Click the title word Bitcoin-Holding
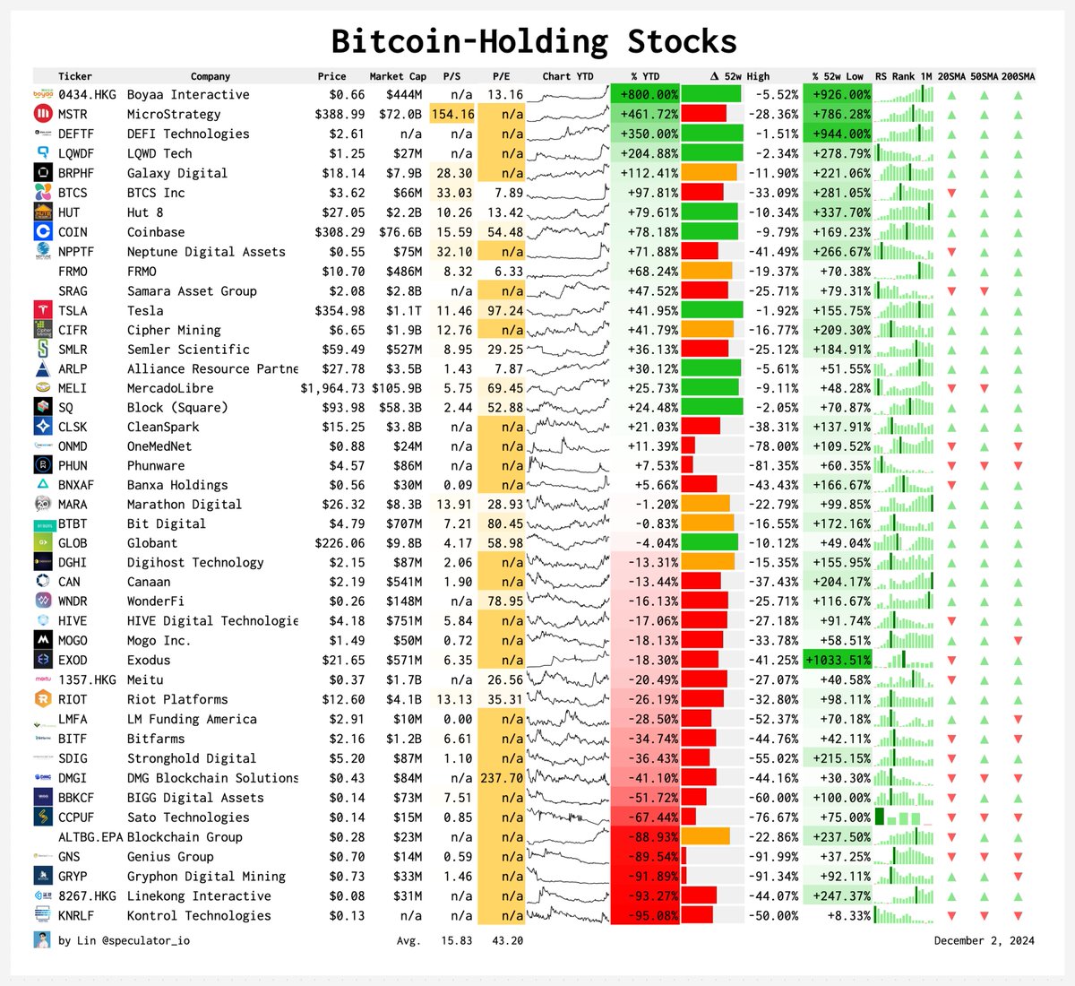(x=469, y=41)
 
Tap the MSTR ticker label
(x=73, y=114)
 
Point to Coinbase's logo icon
(x=43, y=231)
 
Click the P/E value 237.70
(x=502, y=778)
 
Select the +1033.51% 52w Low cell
(x=838, y=660)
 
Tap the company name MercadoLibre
(x=170, y=388)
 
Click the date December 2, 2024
(x=984, y=940)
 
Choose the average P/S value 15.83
(x=456, y=940)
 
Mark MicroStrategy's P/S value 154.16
(x=452, y=114)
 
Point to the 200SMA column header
(x=1018, y=76)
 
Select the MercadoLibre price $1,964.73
(x=332, y=388)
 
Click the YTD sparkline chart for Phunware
(x=568, y=465)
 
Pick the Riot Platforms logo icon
(x=43, y=699)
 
